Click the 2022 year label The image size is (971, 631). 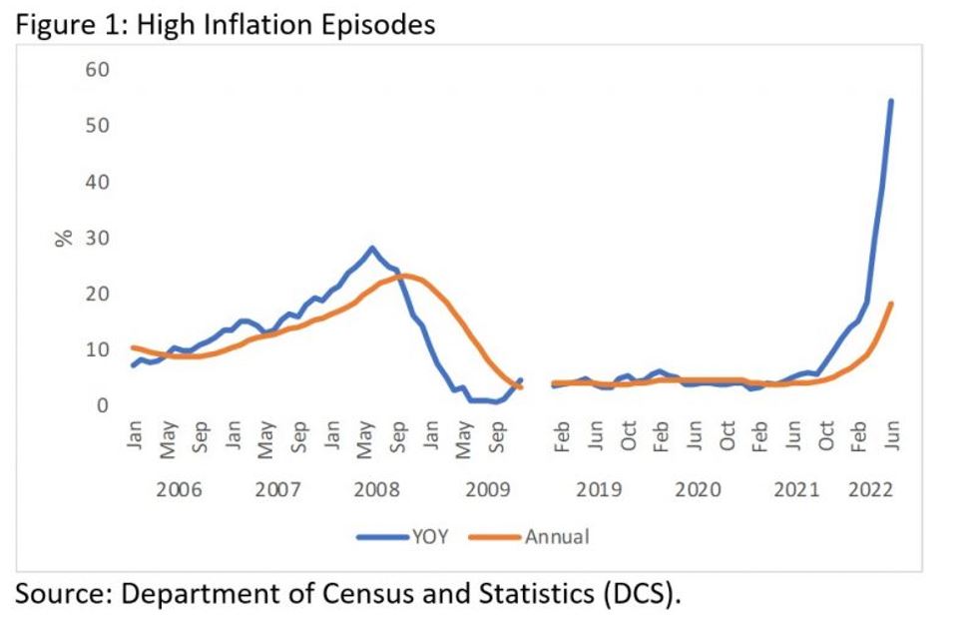[x=870, y=490]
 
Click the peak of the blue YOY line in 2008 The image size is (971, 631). [x=372, y=248]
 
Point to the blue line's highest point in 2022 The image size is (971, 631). [x=891, y=101]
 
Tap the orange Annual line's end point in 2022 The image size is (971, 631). [x=891, y=304]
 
